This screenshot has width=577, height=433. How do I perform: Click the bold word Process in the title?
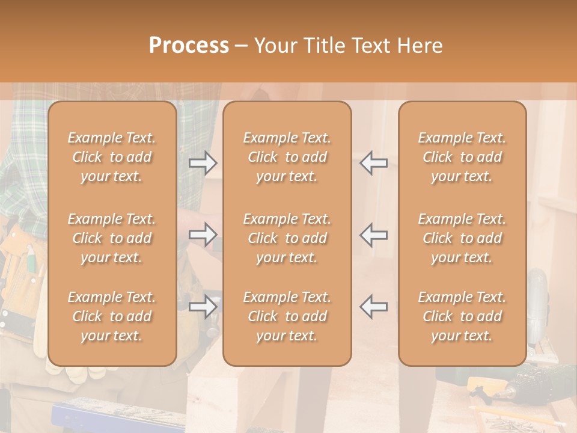click(189, 46)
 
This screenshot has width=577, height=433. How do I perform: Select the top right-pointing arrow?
click(203, 162)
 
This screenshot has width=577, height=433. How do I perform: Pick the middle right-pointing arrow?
click(203, 235)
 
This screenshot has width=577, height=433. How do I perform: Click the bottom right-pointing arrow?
click(203, 307)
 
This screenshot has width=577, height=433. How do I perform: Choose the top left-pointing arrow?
click(374, 162)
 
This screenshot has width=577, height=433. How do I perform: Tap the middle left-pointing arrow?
click(374, 235)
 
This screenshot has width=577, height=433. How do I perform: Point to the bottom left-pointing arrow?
click(374, 307)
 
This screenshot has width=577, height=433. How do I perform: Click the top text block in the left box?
click(112, 157)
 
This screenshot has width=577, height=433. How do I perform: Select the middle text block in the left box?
click(112, 238)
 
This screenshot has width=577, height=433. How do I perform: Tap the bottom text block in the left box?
click(112, 316)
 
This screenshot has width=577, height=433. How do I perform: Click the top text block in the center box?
click(287, 157)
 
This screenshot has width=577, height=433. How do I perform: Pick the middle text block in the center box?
click(287, 238)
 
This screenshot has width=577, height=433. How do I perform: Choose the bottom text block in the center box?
click(287, 316)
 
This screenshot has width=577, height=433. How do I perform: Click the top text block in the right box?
click(462, 157)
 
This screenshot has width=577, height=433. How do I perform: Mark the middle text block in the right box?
click(462, 238)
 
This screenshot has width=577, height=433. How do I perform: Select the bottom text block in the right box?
click(462, 316)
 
